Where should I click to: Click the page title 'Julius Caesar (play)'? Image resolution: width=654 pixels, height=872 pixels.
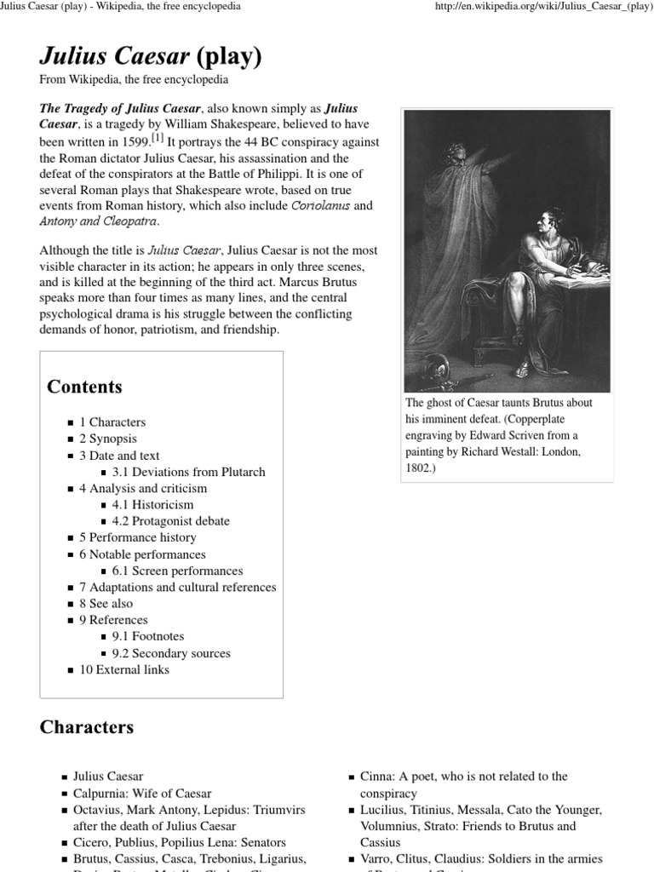point(150,57)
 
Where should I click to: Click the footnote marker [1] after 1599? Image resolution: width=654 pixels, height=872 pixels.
point(157,139)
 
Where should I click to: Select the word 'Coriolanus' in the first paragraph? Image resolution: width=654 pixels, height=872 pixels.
point(320,206)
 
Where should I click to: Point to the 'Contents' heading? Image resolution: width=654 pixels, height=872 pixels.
point(84,387)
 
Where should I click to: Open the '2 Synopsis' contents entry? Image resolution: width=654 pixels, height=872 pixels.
point(108,439)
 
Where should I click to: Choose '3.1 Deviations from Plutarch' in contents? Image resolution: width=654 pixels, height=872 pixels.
point(188,472)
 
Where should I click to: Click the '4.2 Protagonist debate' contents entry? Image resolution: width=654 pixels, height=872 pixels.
point(170,521)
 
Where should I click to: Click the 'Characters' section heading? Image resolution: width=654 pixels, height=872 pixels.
point(87,727)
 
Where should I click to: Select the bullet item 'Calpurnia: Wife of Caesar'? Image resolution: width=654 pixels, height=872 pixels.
point(142,793)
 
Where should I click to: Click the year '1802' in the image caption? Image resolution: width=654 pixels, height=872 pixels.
point(419,468)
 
